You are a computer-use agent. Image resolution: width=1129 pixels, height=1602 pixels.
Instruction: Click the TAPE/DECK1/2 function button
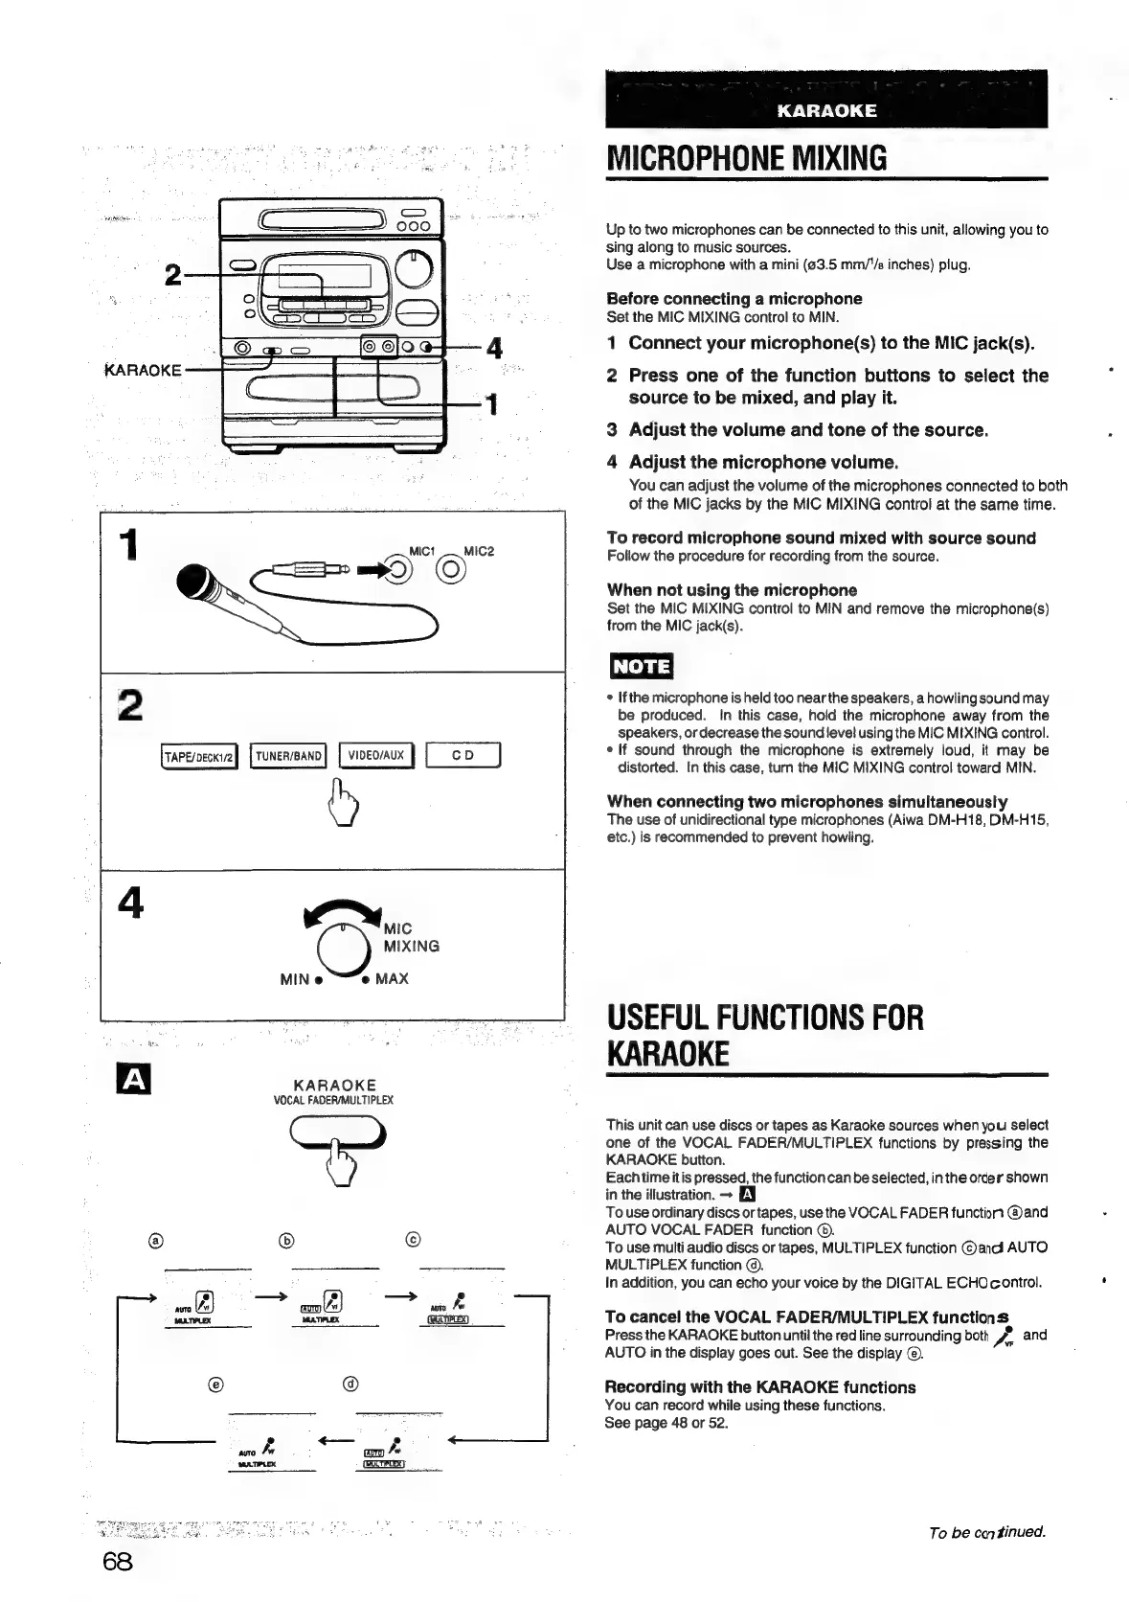tap(199, 756)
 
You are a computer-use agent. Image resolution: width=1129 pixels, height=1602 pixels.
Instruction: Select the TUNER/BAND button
tap(288, 756)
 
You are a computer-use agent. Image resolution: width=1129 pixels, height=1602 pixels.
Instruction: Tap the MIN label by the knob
tap(295, 979)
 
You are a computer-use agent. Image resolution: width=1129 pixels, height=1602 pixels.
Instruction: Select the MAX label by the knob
tap(391, 979)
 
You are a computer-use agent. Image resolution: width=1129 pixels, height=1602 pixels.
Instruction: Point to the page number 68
tap(117, 1561)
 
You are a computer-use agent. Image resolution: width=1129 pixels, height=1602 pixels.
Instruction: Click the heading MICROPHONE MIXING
tap(747, 158)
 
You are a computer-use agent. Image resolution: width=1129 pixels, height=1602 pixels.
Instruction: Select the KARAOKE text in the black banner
tap(826, 111)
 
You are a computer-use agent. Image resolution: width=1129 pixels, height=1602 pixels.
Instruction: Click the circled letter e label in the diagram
tap(215, 1384)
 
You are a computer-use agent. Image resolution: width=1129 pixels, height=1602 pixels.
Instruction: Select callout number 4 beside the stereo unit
tap(495, 349)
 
